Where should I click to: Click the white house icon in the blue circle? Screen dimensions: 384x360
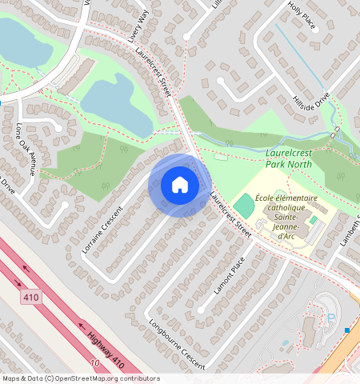point(180,185)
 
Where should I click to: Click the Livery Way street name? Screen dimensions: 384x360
point(138,26)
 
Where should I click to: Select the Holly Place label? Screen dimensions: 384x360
point(302,15)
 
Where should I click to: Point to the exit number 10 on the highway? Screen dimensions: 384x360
point(95,363)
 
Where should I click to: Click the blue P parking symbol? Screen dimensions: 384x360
point(331,318)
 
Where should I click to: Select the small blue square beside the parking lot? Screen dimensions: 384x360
point(347,330)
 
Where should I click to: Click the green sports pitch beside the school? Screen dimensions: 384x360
point(244,206)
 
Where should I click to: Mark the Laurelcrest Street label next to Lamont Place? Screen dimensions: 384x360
point(230,215)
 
